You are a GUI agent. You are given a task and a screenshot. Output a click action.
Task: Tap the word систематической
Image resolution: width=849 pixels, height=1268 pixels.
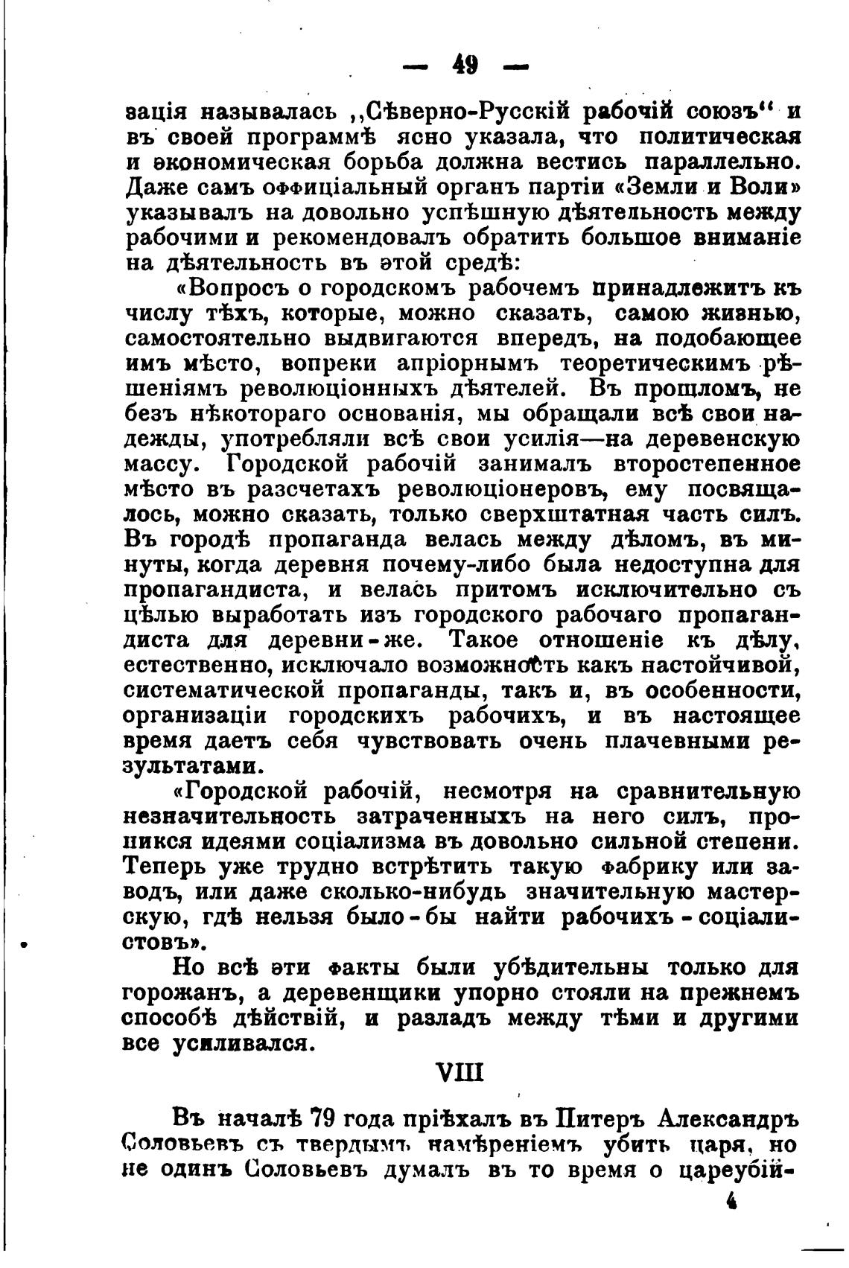[223, 691]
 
